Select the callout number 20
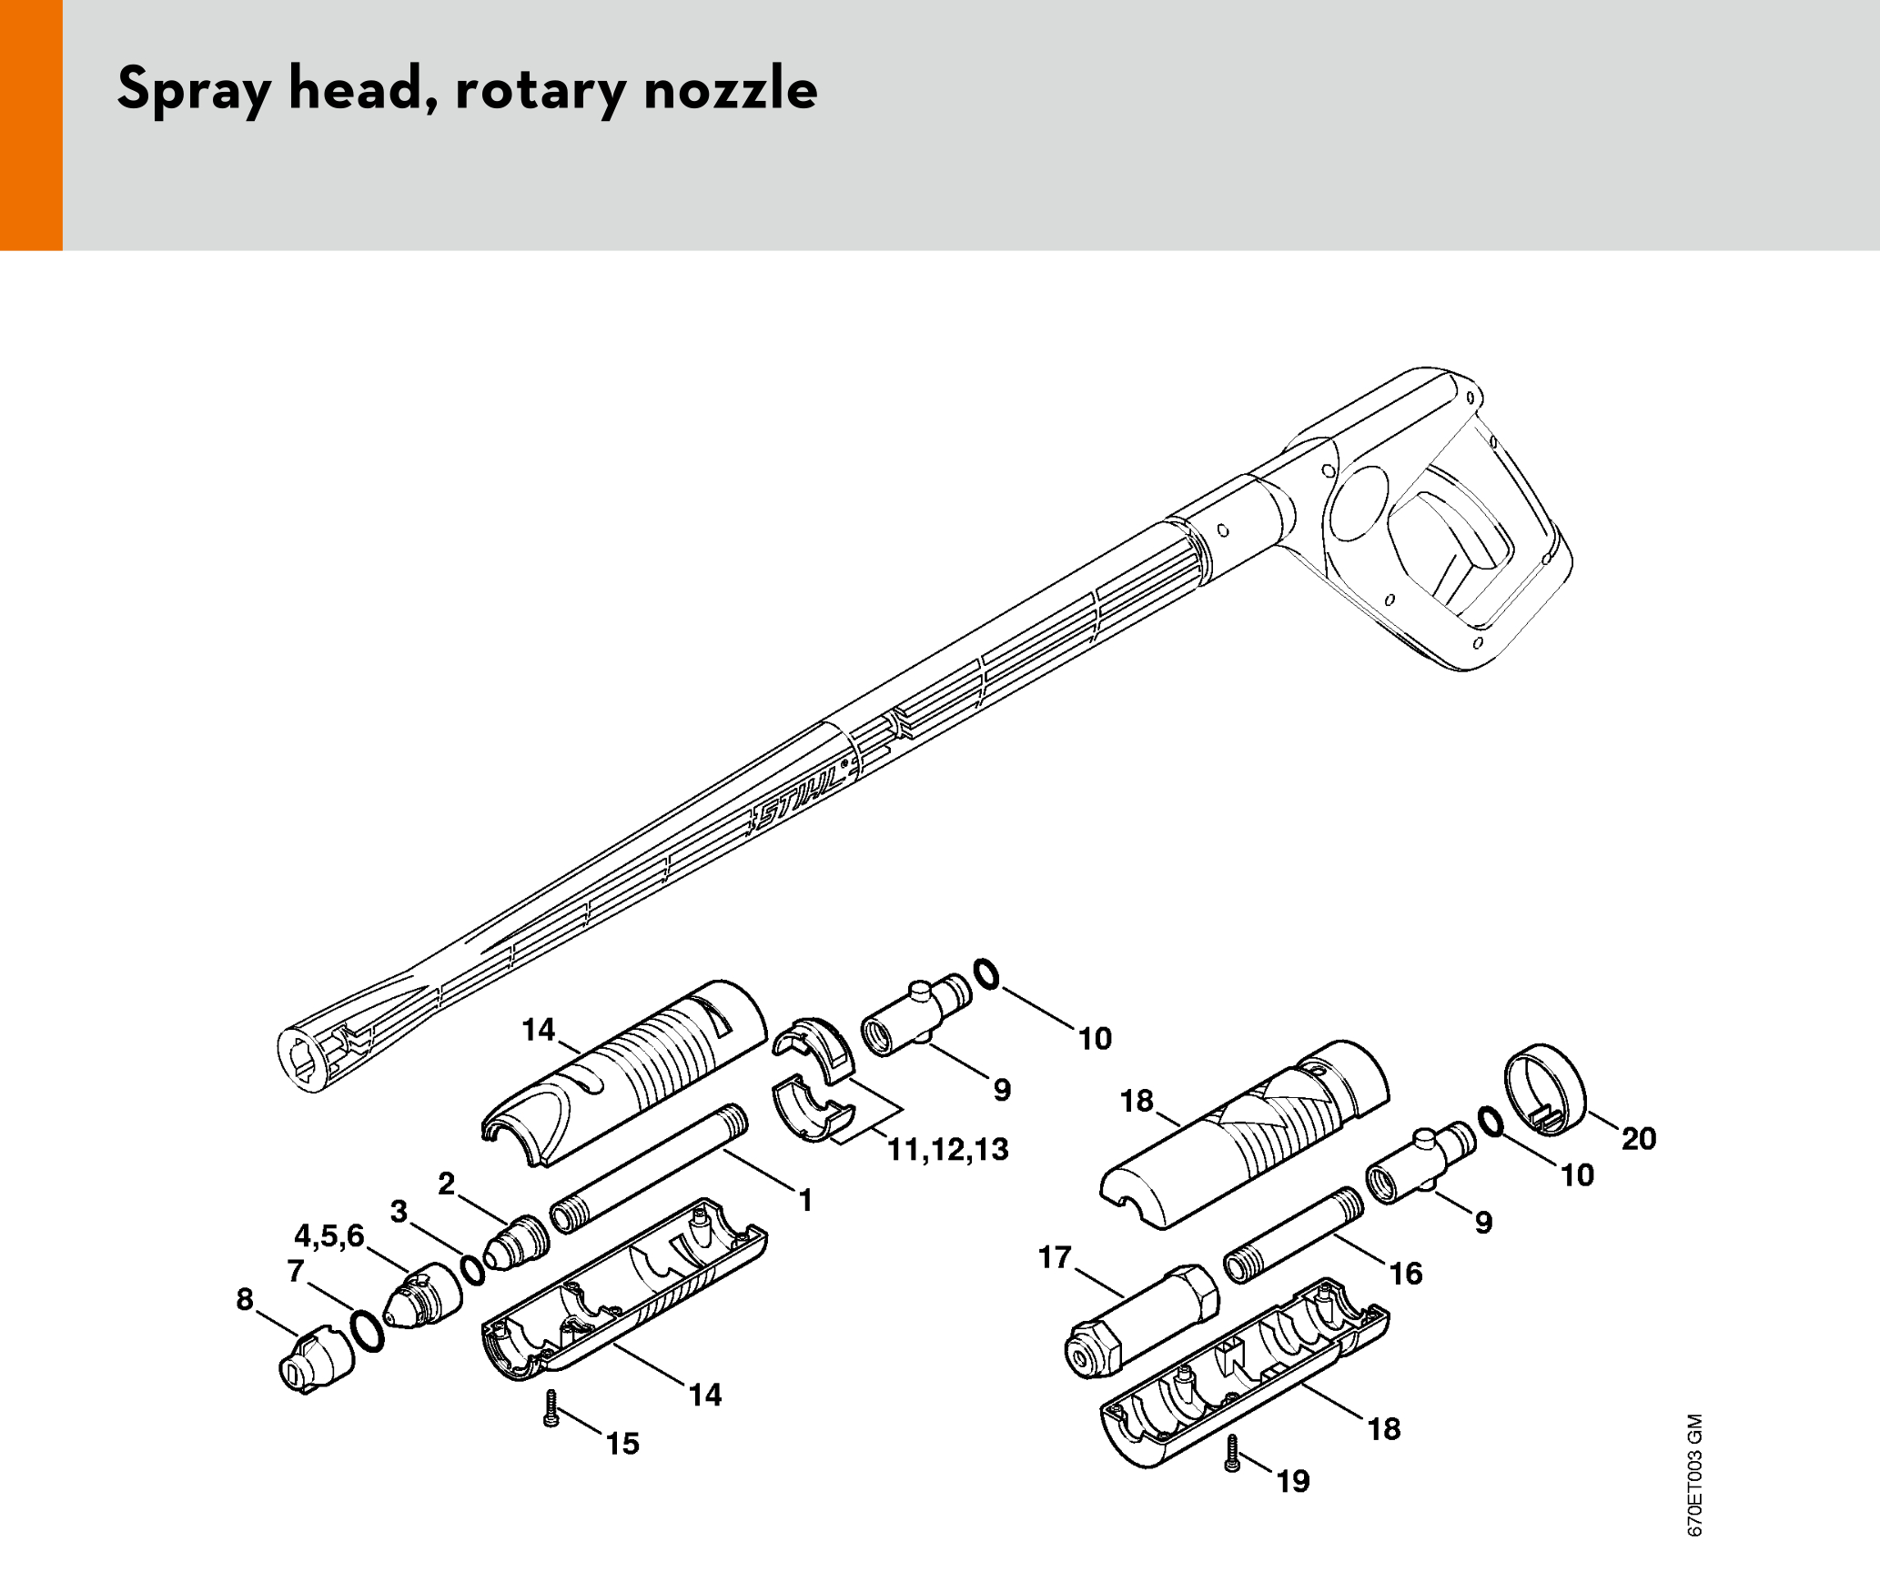tap(1639, 1138)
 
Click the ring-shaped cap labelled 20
tap(1544, 1089)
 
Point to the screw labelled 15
tap(550, 1407)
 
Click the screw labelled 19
tap(1233, 1454)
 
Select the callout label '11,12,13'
tap(948, 1150)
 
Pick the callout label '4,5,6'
tap(328, 1235)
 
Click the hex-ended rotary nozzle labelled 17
tap(1141, 1319)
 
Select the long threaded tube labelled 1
tap(650, 1169)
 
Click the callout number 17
tap(1056, 1257)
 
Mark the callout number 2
tap(446, 1184)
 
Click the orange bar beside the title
tap(31, 125)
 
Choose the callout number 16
tap(1406, 1274)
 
